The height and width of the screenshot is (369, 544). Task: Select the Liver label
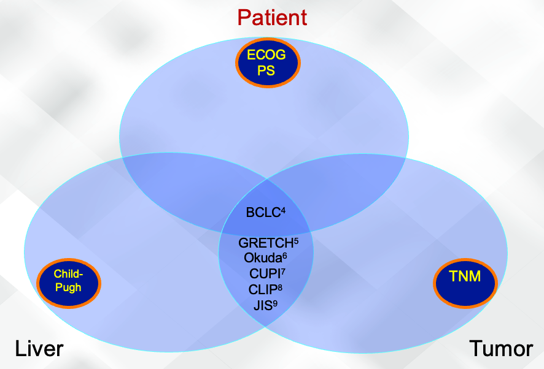[39, 349]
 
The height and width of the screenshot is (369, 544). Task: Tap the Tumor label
[501, 349]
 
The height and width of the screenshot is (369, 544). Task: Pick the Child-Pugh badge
[68, 281]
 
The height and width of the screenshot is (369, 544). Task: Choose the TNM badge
[464, 278]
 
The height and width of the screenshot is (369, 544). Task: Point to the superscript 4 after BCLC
[283, 210]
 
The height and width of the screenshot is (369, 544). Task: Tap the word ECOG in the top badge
[266, 55]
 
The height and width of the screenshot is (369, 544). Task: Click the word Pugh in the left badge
[68, 287]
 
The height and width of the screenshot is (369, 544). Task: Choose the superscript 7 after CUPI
[282, 271]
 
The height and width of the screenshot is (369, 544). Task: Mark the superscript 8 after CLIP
[280, 286]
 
